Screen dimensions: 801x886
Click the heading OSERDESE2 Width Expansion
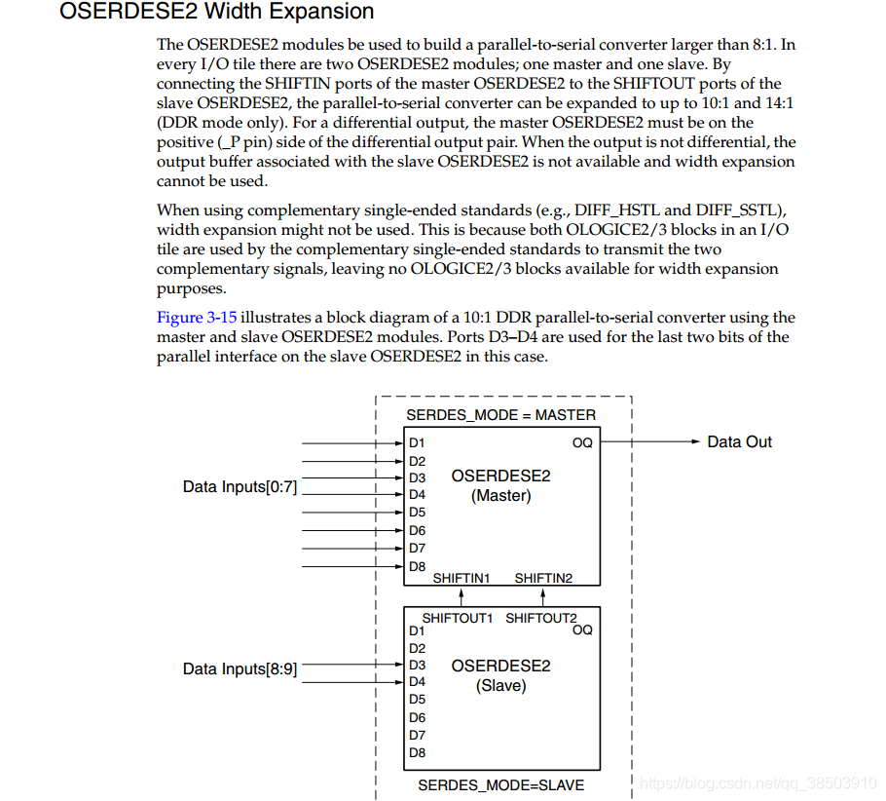(x=216, y=13)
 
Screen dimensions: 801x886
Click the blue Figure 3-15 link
(x=197, y=318)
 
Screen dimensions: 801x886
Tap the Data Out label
(x=739, y=442)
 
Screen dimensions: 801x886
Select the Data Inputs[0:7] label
(x=240, y=486)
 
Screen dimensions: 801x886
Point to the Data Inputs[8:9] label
(x=240, y=669)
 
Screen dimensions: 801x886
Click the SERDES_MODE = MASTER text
(x=500, y=415)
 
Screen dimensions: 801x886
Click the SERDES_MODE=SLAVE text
(x=500, y=784)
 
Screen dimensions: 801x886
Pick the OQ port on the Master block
(x=582, y=443)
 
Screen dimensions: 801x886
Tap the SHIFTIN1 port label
(x=461, y=578)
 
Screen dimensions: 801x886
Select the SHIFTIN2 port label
(x=543, y=578)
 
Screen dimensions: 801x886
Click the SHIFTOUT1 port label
(x=458, y=618)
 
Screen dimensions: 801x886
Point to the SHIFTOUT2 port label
(x=540, y=618)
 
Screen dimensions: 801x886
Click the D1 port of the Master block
(x=417, y=443)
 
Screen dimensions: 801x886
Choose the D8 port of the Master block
(x=417, y=566)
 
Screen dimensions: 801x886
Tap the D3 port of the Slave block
(x=417, y=666)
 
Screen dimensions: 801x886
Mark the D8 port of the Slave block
(x=417, y=752)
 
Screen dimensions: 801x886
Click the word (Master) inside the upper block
(x=500, y=496)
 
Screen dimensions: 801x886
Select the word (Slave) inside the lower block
(x=500, y=686)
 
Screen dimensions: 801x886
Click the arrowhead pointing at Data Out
(x=694, y=442)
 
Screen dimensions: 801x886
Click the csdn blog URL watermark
(x=759, y=783)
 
